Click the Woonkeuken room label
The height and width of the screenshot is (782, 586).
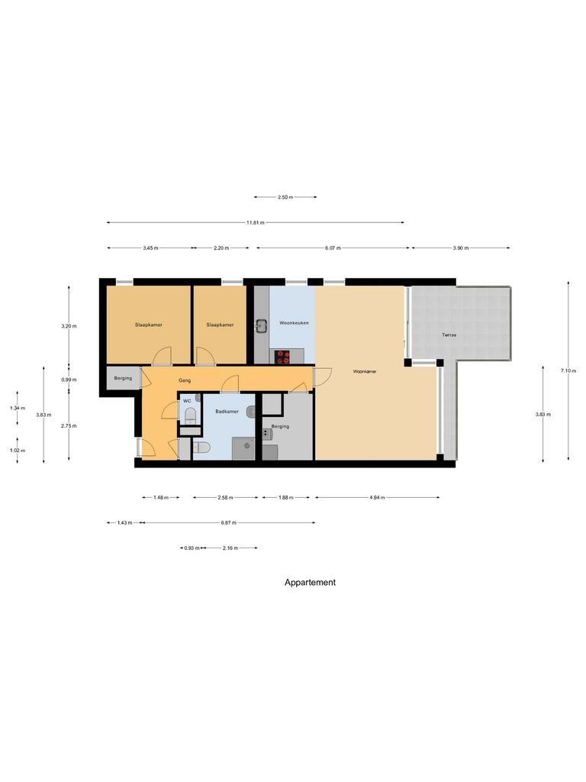pos(294,323)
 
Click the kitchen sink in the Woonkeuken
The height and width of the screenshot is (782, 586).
pos(260,325)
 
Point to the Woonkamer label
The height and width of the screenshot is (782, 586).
pos(365,372)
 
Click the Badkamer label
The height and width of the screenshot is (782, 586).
pos(227,411)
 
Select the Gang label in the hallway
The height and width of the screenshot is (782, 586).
pos(184,380)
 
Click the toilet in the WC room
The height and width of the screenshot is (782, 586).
pos(189,415)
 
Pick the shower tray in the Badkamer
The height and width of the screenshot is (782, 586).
pos(244,449)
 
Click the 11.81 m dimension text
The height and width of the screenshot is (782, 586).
pos(255,223)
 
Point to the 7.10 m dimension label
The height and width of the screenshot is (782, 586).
pos(568,370)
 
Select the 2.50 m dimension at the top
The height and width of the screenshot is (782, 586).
pos(285,197)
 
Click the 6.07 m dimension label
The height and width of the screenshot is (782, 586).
pos(333,248)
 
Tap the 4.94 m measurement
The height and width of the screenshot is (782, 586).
pos(377,498)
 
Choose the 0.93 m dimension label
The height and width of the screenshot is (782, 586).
pos(192,548)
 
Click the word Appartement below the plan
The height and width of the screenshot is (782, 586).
pos(310,582)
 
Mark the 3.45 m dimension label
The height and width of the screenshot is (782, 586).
pos(150,248)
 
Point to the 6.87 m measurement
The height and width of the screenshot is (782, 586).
pos(228,523)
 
